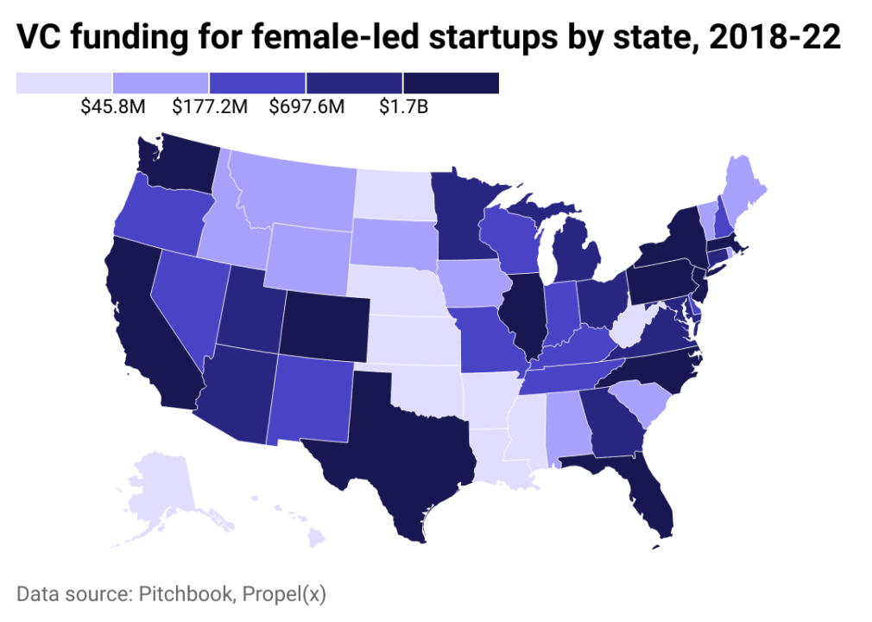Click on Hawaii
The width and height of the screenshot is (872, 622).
coord(316,538)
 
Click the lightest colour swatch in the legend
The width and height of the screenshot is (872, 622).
coord(64,82)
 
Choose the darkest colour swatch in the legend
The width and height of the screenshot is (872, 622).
coord(451,82)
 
